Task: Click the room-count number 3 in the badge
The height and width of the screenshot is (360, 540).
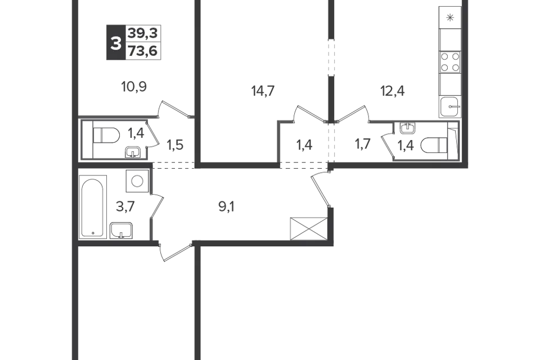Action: tap(116, 43)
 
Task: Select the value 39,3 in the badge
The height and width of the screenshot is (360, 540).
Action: tap(143, 34)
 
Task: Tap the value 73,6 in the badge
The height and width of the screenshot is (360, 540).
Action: tap(143, 52)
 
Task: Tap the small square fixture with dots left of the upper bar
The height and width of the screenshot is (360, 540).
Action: tap(135, 180)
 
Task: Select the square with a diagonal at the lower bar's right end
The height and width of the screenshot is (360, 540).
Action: tap(307, 229)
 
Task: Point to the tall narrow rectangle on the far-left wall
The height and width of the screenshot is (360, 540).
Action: tap(92, 208)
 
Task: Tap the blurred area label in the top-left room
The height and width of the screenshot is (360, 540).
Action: tap(134, 87)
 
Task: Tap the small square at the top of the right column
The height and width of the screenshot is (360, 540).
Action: tap(449, 17)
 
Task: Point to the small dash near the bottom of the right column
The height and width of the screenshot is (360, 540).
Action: tap(450, 101)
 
